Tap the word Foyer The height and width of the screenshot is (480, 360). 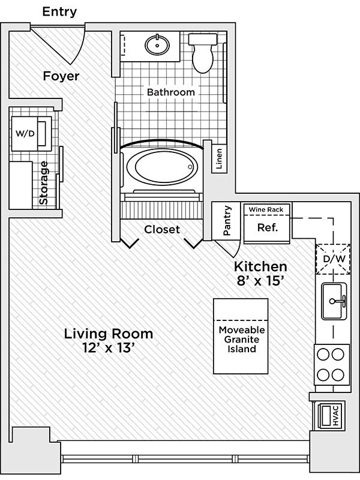61,76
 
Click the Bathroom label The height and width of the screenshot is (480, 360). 171,92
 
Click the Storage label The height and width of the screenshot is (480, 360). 44,182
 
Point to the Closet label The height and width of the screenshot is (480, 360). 162,229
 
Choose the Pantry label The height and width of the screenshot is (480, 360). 227,221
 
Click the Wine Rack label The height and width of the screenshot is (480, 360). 266,209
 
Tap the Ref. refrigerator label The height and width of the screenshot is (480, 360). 266,228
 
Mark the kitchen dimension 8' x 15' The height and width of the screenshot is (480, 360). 260,279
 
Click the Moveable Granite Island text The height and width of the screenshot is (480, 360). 242,339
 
